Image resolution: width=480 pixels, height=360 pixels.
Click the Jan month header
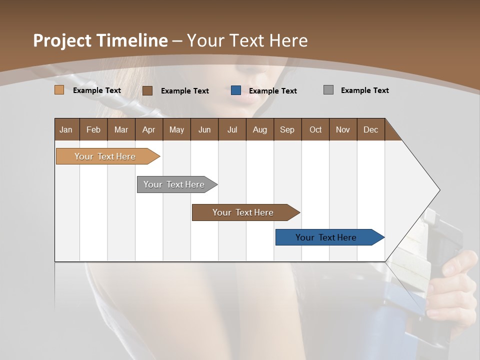(66, 129)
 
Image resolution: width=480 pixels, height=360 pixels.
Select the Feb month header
(93, 129)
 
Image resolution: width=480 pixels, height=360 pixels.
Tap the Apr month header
(148, 129)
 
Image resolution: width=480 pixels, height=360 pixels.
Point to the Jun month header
(204, 129)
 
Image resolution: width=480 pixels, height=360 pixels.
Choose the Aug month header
(259, 129)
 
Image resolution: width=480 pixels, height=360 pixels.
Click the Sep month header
(287, 129)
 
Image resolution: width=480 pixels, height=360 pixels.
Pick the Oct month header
(315, 129)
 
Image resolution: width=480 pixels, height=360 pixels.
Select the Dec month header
(370, 129)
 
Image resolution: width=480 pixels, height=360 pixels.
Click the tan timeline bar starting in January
(105, 156)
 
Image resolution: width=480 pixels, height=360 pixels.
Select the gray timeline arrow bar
(174, 184)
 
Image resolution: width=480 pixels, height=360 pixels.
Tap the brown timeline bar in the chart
(243, 212)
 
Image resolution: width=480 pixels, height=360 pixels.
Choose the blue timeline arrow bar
(326, 237)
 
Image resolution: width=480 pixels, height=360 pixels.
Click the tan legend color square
(59, 90)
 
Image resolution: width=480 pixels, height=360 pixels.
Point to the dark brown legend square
(147, 90)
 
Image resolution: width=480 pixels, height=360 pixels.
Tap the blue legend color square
(236, 90)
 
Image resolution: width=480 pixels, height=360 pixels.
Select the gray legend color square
(328, 90)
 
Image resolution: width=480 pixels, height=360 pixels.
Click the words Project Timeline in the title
(100, 40)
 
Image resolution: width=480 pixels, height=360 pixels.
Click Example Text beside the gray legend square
(364, 90)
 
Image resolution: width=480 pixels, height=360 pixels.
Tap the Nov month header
(343, 129)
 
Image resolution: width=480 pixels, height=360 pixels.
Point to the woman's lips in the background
(243, 97)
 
